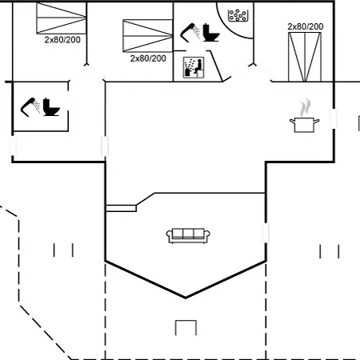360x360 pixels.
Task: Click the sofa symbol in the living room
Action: [188, 236]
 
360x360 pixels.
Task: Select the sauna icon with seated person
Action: [194, 67]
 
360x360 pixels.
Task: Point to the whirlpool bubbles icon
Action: [238, 15]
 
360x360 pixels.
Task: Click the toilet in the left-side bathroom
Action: [51, 107]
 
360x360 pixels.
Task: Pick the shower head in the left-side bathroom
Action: [30, 106]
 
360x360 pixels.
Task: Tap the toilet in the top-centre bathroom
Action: [211, 33]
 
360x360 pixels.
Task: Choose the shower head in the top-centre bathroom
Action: [190, 33]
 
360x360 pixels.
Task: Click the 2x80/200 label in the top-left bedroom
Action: [62, 40]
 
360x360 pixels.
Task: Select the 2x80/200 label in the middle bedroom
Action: [148, 58]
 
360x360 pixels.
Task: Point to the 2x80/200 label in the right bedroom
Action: [306, 26]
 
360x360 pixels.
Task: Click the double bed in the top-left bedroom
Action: [62, 18]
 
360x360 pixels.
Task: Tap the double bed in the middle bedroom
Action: [148, 36]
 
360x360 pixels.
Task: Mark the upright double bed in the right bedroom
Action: [305, 57]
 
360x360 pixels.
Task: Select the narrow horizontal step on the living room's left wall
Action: [122, 208]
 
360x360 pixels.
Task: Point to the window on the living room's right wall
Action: [266, 233]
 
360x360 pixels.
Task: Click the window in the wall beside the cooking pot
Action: [334, 118]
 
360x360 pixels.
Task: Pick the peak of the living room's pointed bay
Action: [186, 298]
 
